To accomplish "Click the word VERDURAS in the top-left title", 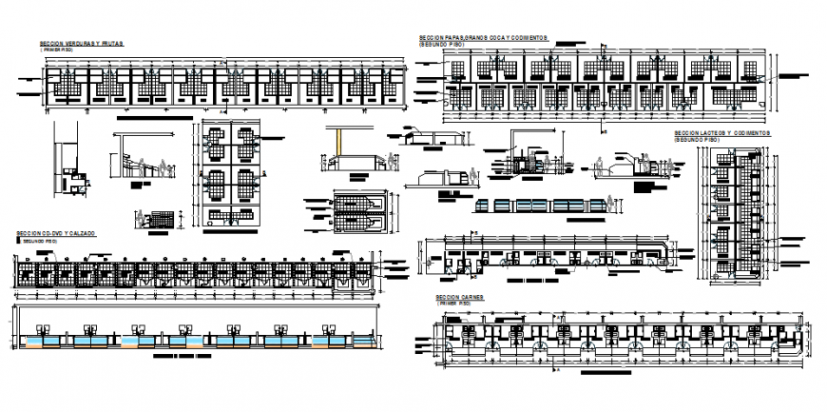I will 83,44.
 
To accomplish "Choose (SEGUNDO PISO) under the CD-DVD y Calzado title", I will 39,242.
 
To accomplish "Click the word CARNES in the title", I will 472,297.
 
